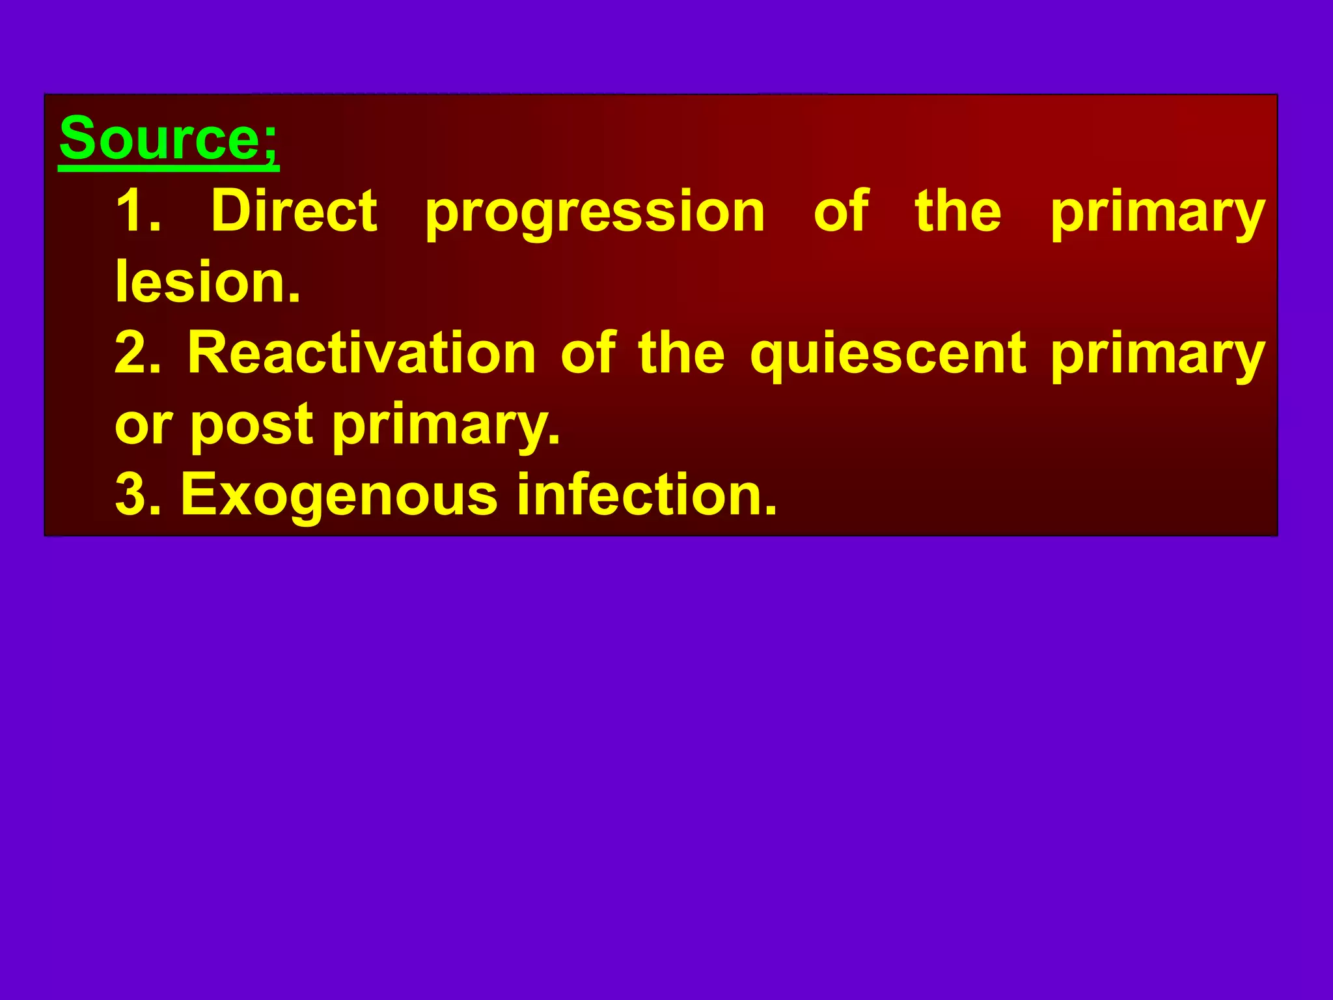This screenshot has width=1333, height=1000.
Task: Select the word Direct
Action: point(294,211)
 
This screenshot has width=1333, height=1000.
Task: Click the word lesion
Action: point(207,283)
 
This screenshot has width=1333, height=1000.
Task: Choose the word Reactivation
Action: point(361,353)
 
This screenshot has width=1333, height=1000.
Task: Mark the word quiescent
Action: point(888,355)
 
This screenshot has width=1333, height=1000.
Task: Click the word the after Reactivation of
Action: point(681,353)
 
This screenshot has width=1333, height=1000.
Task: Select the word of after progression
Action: point(841,211)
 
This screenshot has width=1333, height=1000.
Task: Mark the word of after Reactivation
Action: point(588,353)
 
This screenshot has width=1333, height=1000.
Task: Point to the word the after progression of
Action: point(958,211)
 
